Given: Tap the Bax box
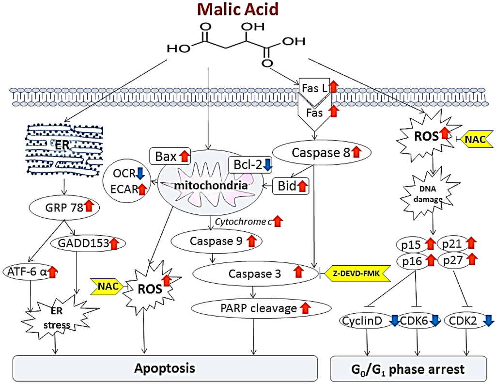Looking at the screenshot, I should point(169,156).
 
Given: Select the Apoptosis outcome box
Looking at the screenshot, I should point(165,368).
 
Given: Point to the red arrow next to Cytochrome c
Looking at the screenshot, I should point(278,222).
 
